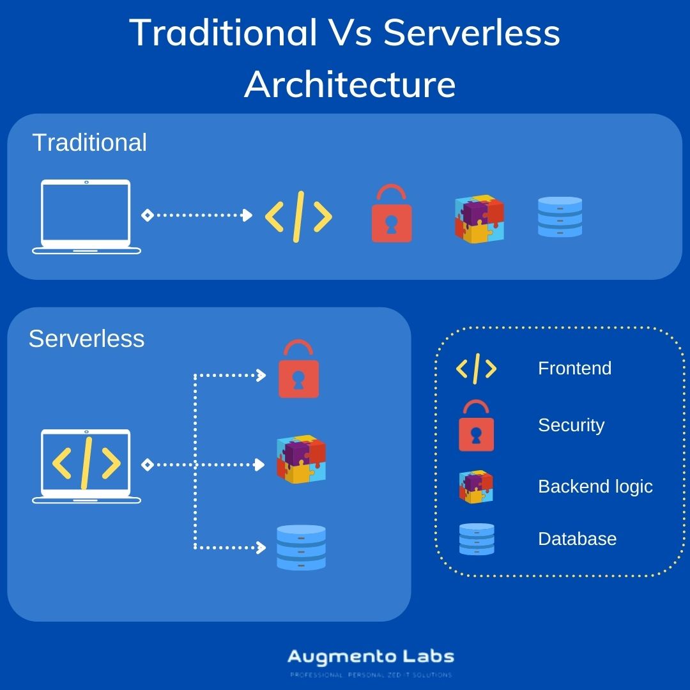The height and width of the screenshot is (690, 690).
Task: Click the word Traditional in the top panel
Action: point(89,142)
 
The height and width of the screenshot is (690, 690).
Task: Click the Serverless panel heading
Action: point(86,339)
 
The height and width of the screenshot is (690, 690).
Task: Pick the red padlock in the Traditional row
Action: point(392,215)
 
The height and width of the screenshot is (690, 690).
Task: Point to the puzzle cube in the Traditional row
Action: point(479,218)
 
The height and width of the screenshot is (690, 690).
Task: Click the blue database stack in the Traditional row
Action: point(560,217)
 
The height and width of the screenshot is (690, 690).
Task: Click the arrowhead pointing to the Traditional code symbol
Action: point(248,215)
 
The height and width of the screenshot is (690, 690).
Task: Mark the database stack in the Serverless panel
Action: point(301,547)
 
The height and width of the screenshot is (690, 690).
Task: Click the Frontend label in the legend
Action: point(574,369)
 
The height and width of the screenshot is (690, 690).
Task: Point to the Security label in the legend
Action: point(571,425)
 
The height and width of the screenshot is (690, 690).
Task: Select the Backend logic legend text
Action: point(595,486)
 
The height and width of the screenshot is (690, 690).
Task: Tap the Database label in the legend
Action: point(577,539)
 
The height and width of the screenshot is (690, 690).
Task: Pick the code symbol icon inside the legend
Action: point(476,369)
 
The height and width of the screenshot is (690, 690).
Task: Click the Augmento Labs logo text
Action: point(371,657)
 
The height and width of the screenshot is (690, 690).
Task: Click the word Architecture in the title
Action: point(349,84)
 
